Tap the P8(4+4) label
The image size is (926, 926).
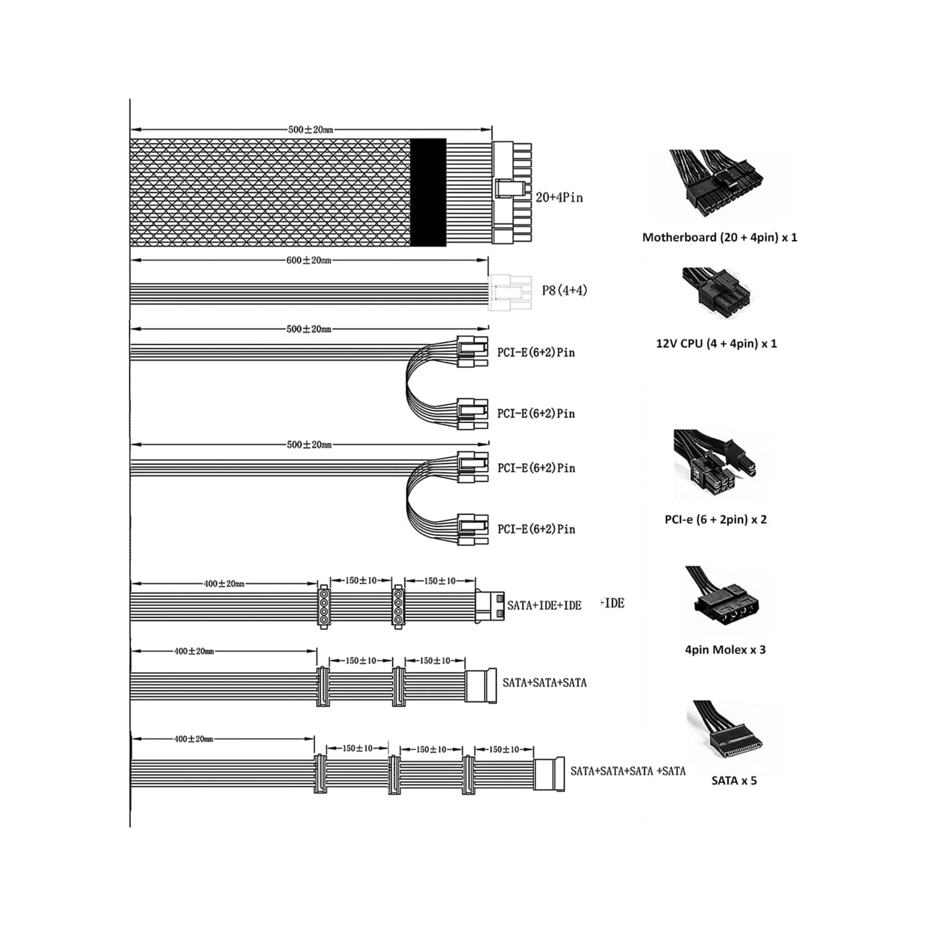pyautogui.click(x=564, y=290)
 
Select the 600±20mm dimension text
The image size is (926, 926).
pyautogui.click(x=309, y=260)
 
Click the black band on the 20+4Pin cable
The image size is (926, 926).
pyautogui.click(x=428, y=193)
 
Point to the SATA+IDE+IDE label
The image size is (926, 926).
pyautogui.click(x=544, y=605)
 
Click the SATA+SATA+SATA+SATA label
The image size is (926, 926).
pyautogui.click(x=628, y=771)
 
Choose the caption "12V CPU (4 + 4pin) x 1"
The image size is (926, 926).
pyautogui.click(x=717, y=343)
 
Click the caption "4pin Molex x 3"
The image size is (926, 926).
pyautogui.click(x=725, y=650)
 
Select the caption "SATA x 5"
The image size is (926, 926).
pyautogui.click(x=734, y=780)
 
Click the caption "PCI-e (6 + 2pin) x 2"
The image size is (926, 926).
pyautogui.click(x=716, y=519)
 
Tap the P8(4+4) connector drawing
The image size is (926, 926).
pyautogui.click(x=510, y=293)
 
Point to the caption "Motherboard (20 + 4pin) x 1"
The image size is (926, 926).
pyautogui.click(x=720, y=237)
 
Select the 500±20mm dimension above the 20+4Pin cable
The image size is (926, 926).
pyautogui.click(x=311, y=130)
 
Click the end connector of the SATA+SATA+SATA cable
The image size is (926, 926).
pyautogui.click(x=481, y=686)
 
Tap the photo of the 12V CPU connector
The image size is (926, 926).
pyautogui.click(x=716, y=292)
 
